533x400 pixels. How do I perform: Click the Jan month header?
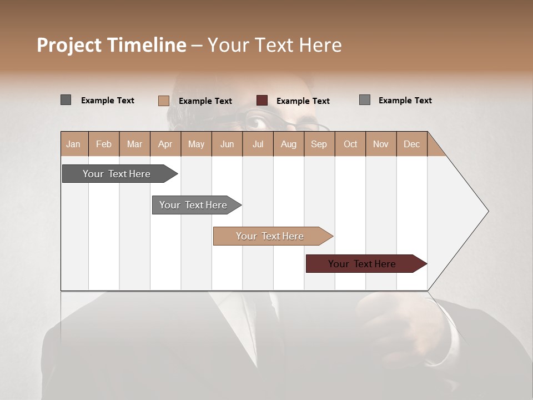(x=73, y=144)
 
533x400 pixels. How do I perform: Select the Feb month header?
(x=104, y=144)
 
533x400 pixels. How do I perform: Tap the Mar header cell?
(x=134, y=144)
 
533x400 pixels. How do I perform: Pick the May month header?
(x=196, y=144)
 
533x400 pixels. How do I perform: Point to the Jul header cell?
(x=258, y=144)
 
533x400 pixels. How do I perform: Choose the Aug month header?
(x=288, y=144)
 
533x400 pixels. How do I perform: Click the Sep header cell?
(x=319, y=144)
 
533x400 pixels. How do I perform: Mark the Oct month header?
(x=350, y=144)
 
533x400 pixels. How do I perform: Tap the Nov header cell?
(x=381, y=144)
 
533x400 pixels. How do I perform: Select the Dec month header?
(x=411, y=144)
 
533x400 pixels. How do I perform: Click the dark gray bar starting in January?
(x=117, y=174)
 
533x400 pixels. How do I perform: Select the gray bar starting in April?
(x=193, y=205)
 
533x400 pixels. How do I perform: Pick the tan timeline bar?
(x=270, y=236)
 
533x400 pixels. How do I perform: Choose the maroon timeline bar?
(x=362, y=264)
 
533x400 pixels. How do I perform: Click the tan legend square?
(x=163, y=101)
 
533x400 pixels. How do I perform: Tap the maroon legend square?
(x=262, y=101)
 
